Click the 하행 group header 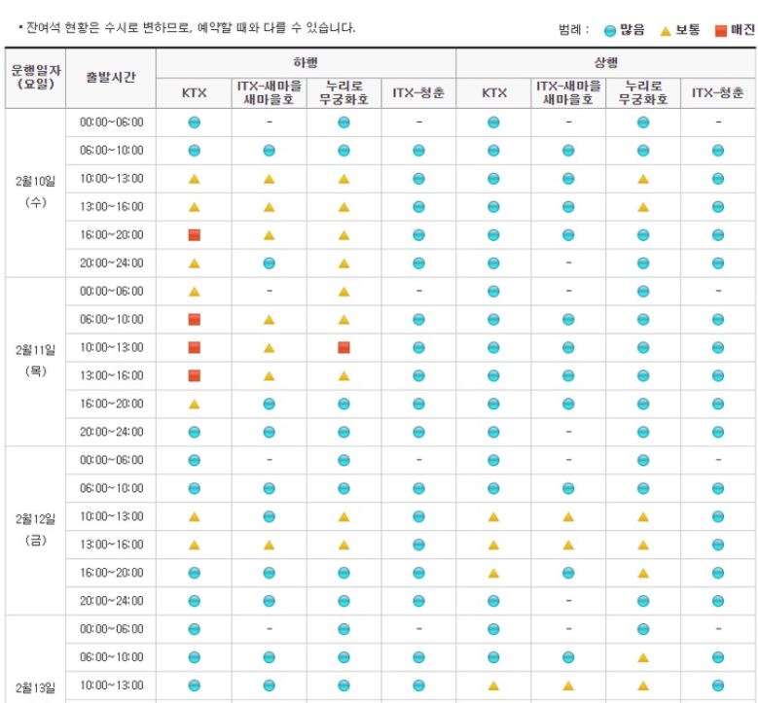click(x=306, y=61)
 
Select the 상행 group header click(x=605, y=61)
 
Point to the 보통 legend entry click(x=680, y=29)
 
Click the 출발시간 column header click(x=111, y=78)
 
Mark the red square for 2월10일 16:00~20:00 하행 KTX click(x=194, y=234)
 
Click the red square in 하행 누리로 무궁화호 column click(x=343, y=347)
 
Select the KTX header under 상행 click(x=493, y=93)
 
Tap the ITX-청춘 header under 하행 click(x=418, y=93)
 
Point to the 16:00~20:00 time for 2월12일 click(x=111, y=573)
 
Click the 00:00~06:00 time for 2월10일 click(x=111, y=122)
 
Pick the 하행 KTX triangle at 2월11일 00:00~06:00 click(x=194, y=291)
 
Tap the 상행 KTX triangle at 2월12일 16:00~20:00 click(x=493, y=573)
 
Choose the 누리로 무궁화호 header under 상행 click(x=642, y=93)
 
